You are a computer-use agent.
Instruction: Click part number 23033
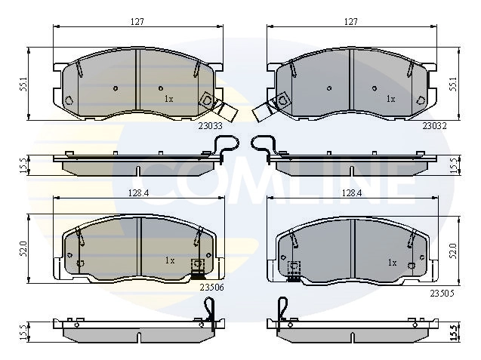pyautogui.click(x=210, y=126)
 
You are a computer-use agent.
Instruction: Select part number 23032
pyautogui.click(x=434, y=126)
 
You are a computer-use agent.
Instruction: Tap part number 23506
pyautogui.click(x=211, y=288)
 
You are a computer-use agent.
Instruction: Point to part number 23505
pyautogui.click(x=442, y=294)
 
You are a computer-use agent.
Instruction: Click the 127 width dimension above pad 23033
pyautogui.click(x=137, y=22)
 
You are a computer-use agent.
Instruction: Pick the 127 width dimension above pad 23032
pyautogui.click(x=351, y=22)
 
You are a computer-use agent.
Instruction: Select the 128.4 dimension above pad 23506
pyautogui.click(x=138, y=193)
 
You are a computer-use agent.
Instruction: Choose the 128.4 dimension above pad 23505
pyautogui.click(x=352, y=193)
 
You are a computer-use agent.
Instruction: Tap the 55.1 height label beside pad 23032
pyautogui.click(x=453, y=84)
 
